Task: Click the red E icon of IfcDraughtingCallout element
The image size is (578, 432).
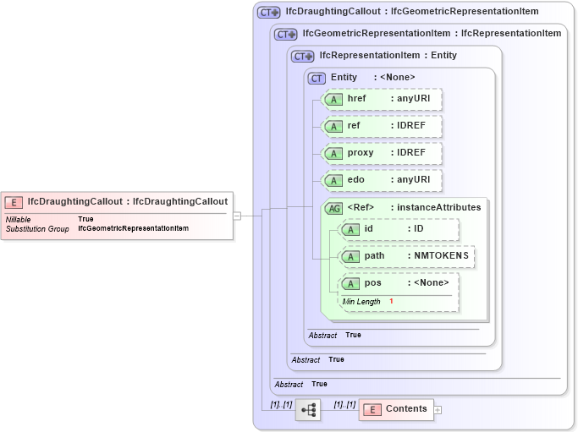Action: [x=14, y=202]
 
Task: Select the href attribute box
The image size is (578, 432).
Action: [x=383, y=100]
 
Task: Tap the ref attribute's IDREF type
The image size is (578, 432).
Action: [x=414, y=126]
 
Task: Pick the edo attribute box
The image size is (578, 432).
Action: [x=383, y=180]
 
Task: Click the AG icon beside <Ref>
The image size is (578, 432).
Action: [x=333, y=208]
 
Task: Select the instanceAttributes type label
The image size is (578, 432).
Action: [x=438, y=207]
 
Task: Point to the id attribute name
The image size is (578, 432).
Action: [x=368, y=229]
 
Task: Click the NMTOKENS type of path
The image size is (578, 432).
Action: [x=441, y=256]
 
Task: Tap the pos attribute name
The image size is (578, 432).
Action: [x=373, y=283]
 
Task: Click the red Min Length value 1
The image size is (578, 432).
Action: [x=392, y=302]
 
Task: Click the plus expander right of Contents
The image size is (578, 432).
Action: [x=438, y=410]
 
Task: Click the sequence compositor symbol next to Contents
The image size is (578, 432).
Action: [x=307, y=410]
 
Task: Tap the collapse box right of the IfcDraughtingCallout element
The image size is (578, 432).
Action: [x=237, y=216]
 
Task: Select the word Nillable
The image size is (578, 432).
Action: [x=18, y=219]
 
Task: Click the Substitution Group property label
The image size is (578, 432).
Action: [x=37, y=229]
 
